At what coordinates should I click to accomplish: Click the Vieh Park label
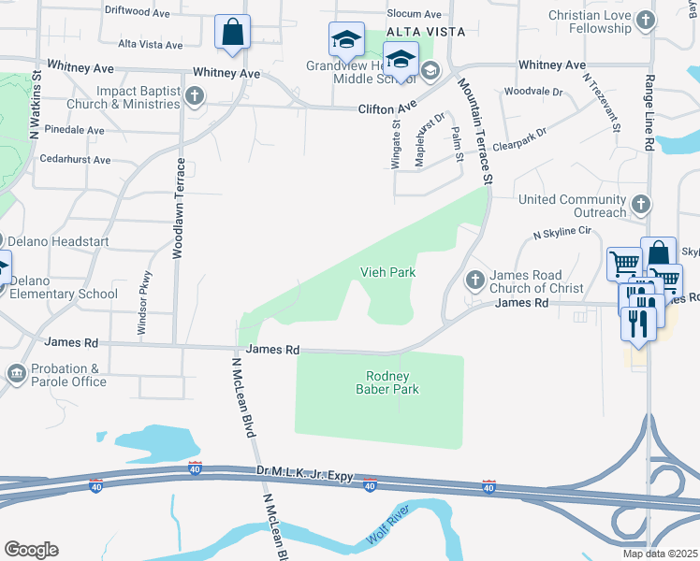click(387, 272)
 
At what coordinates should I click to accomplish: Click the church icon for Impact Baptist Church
click(195, 96)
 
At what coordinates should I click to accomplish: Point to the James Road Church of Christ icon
click(475, 280)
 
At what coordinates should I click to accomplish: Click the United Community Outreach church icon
click(640, 204)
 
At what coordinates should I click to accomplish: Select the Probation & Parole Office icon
click(17, 375)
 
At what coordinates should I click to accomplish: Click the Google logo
click(31, 550)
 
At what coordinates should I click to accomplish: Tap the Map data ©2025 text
click(660, 554)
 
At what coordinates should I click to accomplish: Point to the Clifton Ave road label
click(386, 109)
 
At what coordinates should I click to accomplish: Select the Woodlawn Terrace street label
click(178, 209)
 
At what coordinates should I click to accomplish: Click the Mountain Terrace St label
click(474, 130)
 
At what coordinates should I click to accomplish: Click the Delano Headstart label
click(62, 241)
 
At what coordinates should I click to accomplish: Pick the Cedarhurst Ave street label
click(76, 160)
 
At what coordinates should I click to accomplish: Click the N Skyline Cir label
click(562, 230)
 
